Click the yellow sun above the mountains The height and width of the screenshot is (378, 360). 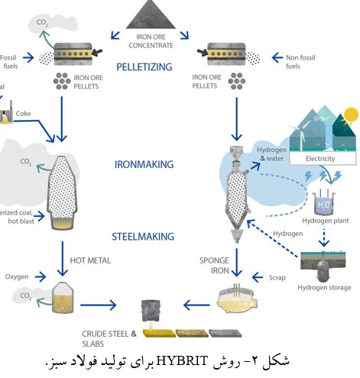point(351,115)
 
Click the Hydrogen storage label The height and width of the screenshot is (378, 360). point(326,287)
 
